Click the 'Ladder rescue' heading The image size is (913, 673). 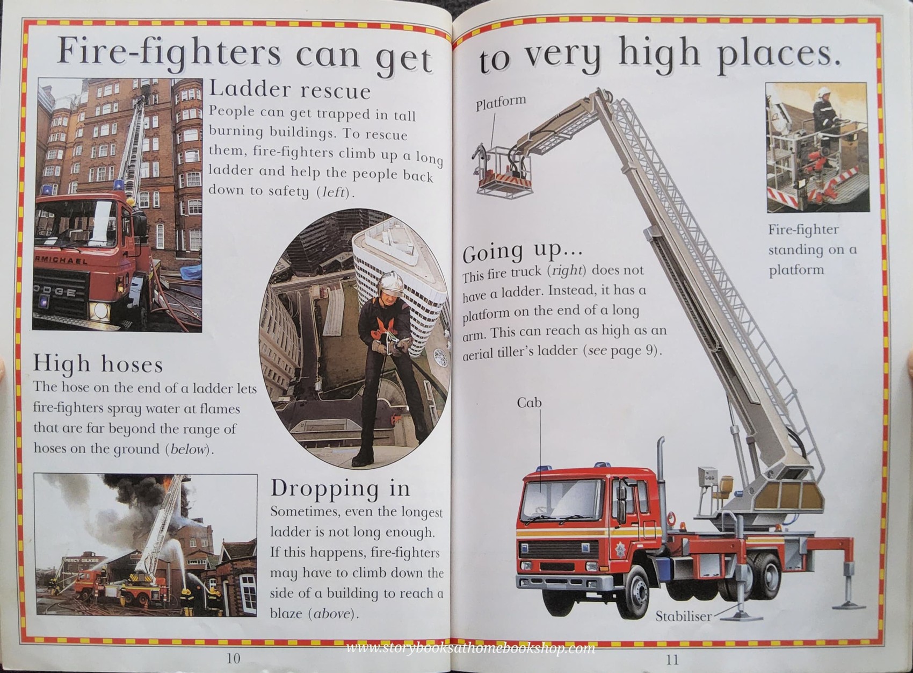point(289,90)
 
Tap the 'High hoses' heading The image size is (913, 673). point(98,364)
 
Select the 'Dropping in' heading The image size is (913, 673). point(340,488)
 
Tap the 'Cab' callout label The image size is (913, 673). point(529,403)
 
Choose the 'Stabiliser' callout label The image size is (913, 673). point(683,617)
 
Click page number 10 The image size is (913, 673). point(233,658)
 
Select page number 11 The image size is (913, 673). point(672,659)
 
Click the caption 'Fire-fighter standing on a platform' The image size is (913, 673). point(811,249)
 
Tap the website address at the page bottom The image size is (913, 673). point(470,648)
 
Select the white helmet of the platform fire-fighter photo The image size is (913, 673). point(822,92)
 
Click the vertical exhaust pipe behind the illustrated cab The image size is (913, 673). point(661,484)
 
